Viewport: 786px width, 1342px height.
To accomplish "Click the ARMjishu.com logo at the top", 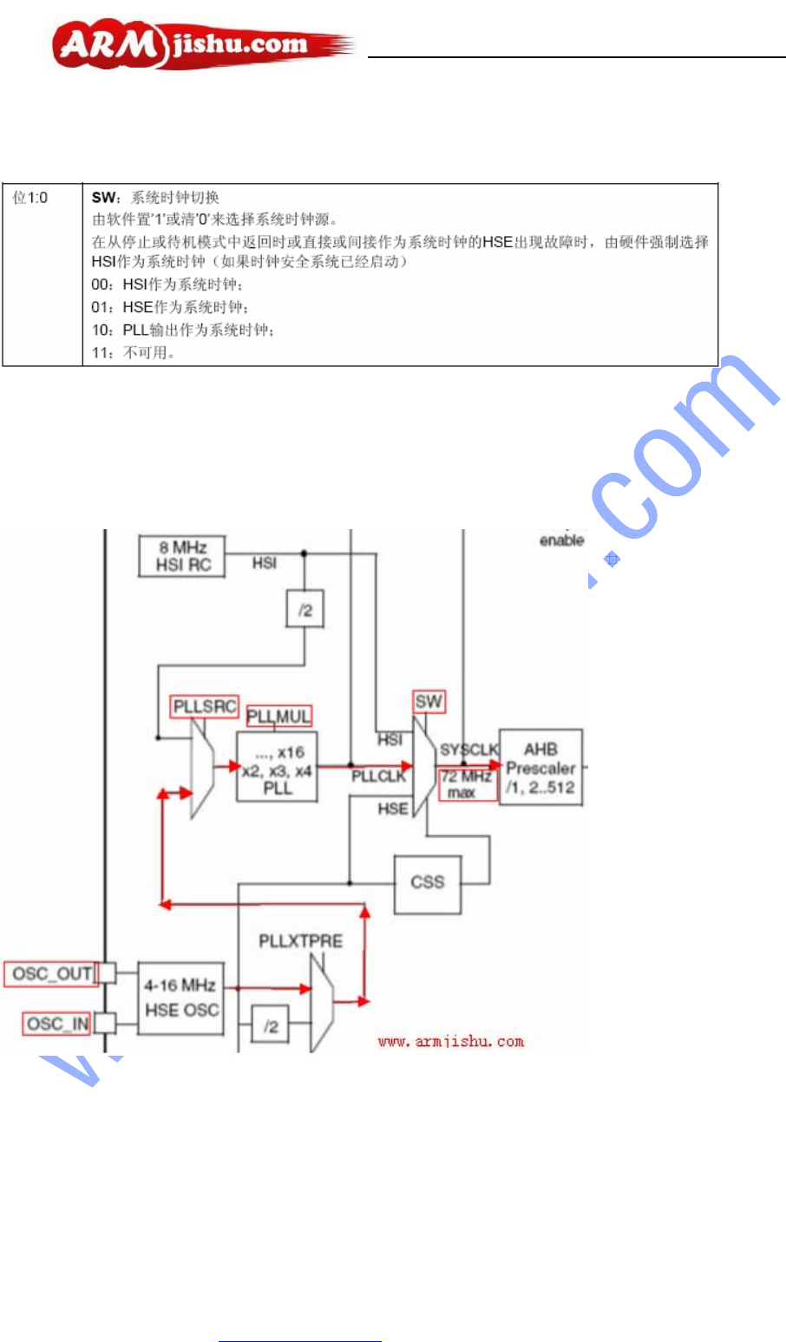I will coord(201,45).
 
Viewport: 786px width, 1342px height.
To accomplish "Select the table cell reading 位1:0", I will coord(30,198).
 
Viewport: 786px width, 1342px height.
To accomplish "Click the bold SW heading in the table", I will coord(103,198).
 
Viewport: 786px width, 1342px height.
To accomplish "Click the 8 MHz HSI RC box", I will coord(181,556).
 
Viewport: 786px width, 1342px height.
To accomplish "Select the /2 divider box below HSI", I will coord(305,610).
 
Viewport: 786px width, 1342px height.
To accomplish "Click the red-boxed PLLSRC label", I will coord(205,707).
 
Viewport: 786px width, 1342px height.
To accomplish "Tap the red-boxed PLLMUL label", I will coord(278,717).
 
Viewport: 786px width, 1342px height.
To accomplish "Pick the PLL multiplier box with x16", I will coord(277,768).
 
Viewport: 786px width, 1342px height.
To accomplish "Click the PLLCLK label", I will coord(378,776).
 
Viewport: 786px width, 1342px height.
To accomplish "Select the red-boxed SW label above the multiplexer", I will coord(429,702).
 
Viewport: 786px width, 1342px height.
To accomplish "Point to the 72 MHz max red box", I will coord(468,784).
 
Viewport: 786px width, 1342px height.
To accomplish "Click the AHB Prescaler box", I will coord(540,768).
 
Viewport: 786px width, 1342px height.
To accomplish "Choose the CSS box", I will coord(427,883).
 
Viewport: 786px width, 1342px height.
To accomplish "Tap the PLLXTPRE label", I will coord(300,941).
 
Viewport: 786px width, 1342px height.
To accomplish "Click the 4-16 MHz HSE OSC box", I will coord(180,998).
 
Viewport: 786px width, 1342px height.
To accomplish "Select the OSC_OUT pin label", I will coord(51,973).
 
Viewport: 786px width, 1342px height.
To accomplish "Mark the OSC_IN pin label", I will coord(57,1024).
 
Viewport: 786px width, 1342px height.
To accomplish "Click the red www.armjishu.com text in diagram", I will coord(450,1041).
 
